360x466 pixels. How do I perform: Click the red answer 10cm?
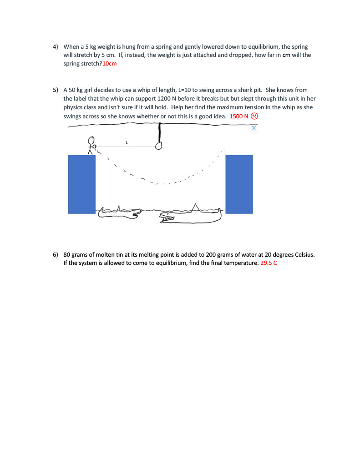coord(109,64)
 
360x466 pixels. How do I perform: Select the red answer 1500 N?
coord(239,116)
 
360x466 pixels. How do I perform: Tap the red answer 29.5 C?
coord(269,263)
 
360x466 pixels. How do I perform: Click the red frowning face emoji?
coord(254,116)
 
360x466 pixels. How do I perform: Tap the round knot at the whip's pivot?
coord(159,146)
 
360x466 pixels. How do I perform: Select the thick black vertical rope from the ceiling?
coord(160,132)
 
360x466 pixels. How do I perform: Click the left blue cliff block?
coord(82,184)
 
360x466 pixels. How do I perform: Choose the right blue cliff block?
coord(239,184)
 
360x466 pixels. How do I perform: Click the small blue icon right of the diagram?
coord(254,128)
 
